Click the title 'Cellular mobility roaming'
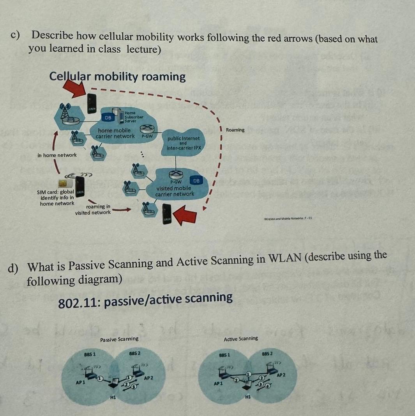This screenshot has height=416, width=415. [x=118, y=76]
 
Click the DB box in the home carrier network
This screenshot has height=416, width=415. [x=108, y=117]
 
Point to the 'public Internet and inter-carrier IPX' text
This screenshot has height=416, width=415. [x=184, y=143]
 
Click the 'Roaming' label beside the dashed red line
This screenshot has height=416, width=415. [x=235, y=130]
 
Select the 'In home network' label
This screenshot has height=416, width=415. [x=57, y=155]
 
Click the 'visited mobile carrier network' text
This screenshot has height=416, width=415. [x=175, y=191]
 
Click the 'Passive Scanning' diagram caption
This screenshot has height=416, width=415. [x=119, y=339]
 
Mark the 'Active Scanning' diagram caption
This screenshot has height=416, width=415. [x=241, y=339]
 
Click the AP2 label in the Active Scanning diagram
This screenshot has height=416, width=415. [x=281, y=375]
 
